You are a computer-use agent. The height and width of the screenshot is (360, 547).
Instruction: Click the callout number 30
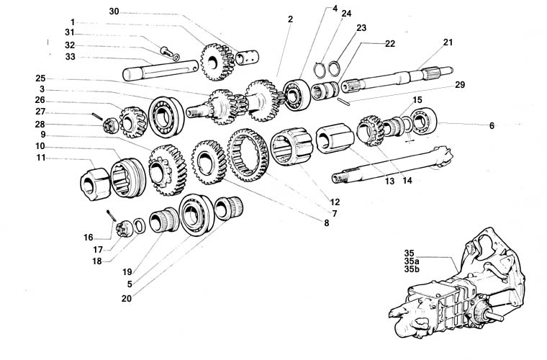click(114, 11)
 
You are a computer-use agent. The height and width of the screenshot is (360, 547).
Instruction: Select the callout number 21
click(448, 42)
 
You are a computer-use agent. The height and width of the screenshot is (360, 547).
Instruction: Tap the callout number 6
click(492, 125)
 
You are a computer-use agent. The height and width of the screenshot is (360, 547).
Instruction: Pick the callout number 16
click(88, 236)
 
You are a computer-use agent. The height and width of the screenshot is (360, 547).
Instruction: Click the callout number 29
click(460, 84)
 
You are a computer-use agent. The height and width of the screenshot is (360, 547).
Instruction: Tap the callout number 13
click(389, 181)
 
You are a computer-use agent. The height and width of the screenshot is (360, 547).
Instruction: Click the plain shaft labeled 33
click(158, 72)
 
